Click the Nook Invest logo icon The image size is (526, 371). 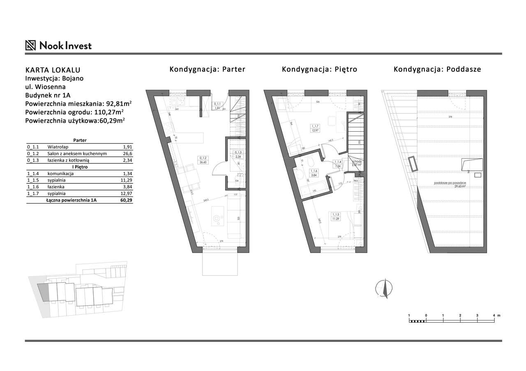(x=31, y=45)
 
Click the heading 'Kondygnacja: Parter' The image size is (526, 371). (x=207, y=69)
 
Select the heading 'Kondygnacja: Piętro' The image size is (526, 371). (x=319, y=69)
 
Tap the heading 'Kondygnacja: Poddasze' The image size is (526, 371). (x=437, y=69)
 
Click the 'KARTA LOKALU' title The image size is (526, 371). (x=53, y=70)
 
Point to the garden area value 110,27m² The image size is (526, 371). (x=105, y=111)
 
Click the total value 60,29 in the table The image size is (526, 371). (x=125, y=200)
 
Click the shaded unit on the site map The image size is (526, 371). (x=43, y=292)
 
